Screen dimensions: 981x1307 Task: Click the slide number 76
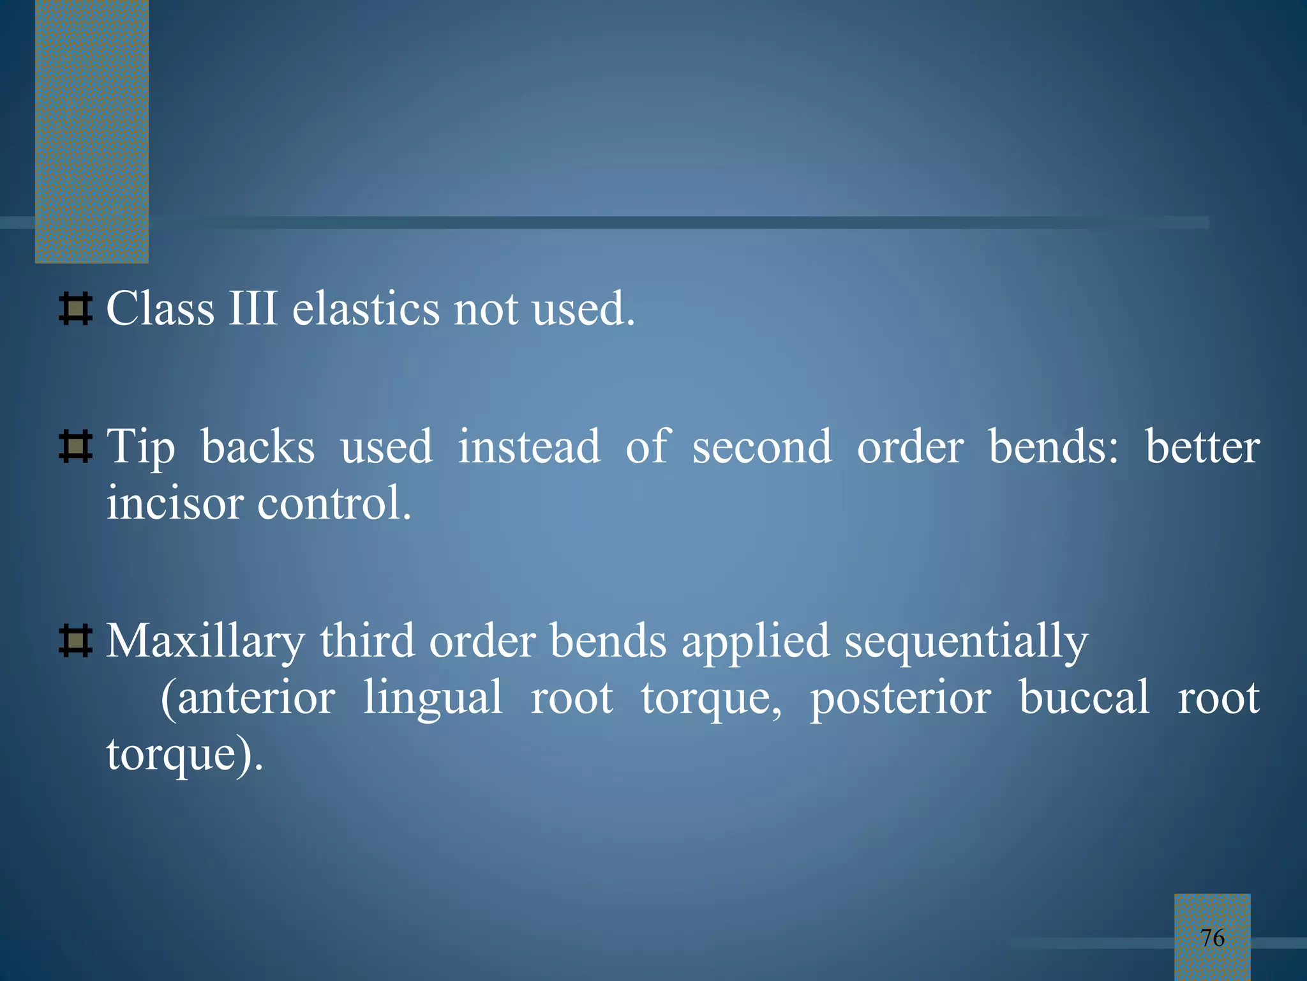[x=1212, y=938]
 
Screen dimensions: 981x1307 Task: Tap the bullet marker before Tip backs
[x=75, y=446]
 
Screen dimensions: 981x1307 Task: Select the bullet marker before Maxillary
[x=75, y=641]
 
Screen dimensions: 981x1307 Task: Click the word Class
[x=160, y=309]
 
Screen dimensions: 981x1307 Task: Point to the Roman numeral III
[x=253, y=309]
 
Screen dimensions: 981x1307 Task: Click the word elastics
[x=366, y=309]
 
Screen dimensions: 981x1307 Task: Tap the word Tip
[x=140, y=447]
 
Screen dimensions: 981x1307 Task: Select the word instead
[x=529, y=446]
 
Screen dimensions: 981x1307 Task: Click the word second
[x=762, y=446]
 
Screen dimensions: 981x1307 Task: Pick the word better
[x=1202, y=446]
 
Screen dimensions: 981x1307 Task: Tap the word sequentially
[x=966, y=642]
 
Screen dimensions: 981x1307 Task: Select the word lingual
[x=433, y=697]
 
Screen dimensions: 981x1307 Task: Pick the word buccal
[x=1084, y=697]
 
